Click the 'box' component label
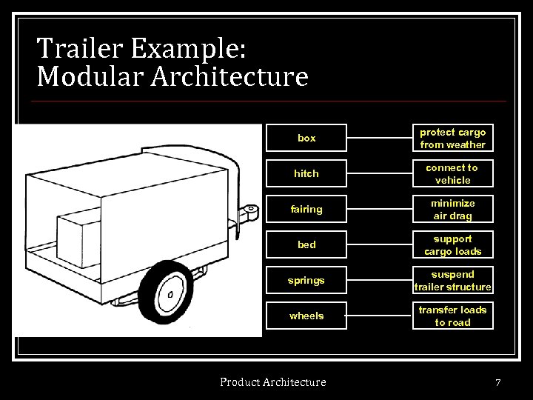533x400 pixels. click(306, 139)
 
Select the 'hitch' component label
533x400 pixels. click(306, 174)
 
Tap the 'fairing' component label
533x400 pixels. click(306, 210)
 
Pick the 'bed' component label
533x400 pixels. click(306, 245)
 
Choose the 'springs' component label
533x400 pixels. click(306, 281)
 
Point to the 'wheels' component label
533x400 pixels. click(306, 316)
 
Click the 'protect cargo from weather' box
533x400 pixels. click(452, 139)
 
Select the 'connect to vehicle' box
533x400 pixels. click(452, 174)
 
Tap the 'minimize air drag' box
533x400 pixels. click(452, 210)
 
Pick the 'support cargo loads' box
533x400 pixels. click(452, 245)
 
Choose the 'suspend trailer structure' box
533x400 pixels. click(452, 281)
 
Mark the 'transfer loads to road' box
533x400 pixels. click(452, 316)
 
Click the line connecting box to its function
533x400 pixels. click(379, 139)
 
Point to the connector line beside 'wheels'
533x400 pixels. click(379, 316)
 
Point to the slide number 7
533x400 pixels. click(498, 383)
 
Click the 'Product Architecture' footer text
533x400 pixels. click(272, 382)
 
